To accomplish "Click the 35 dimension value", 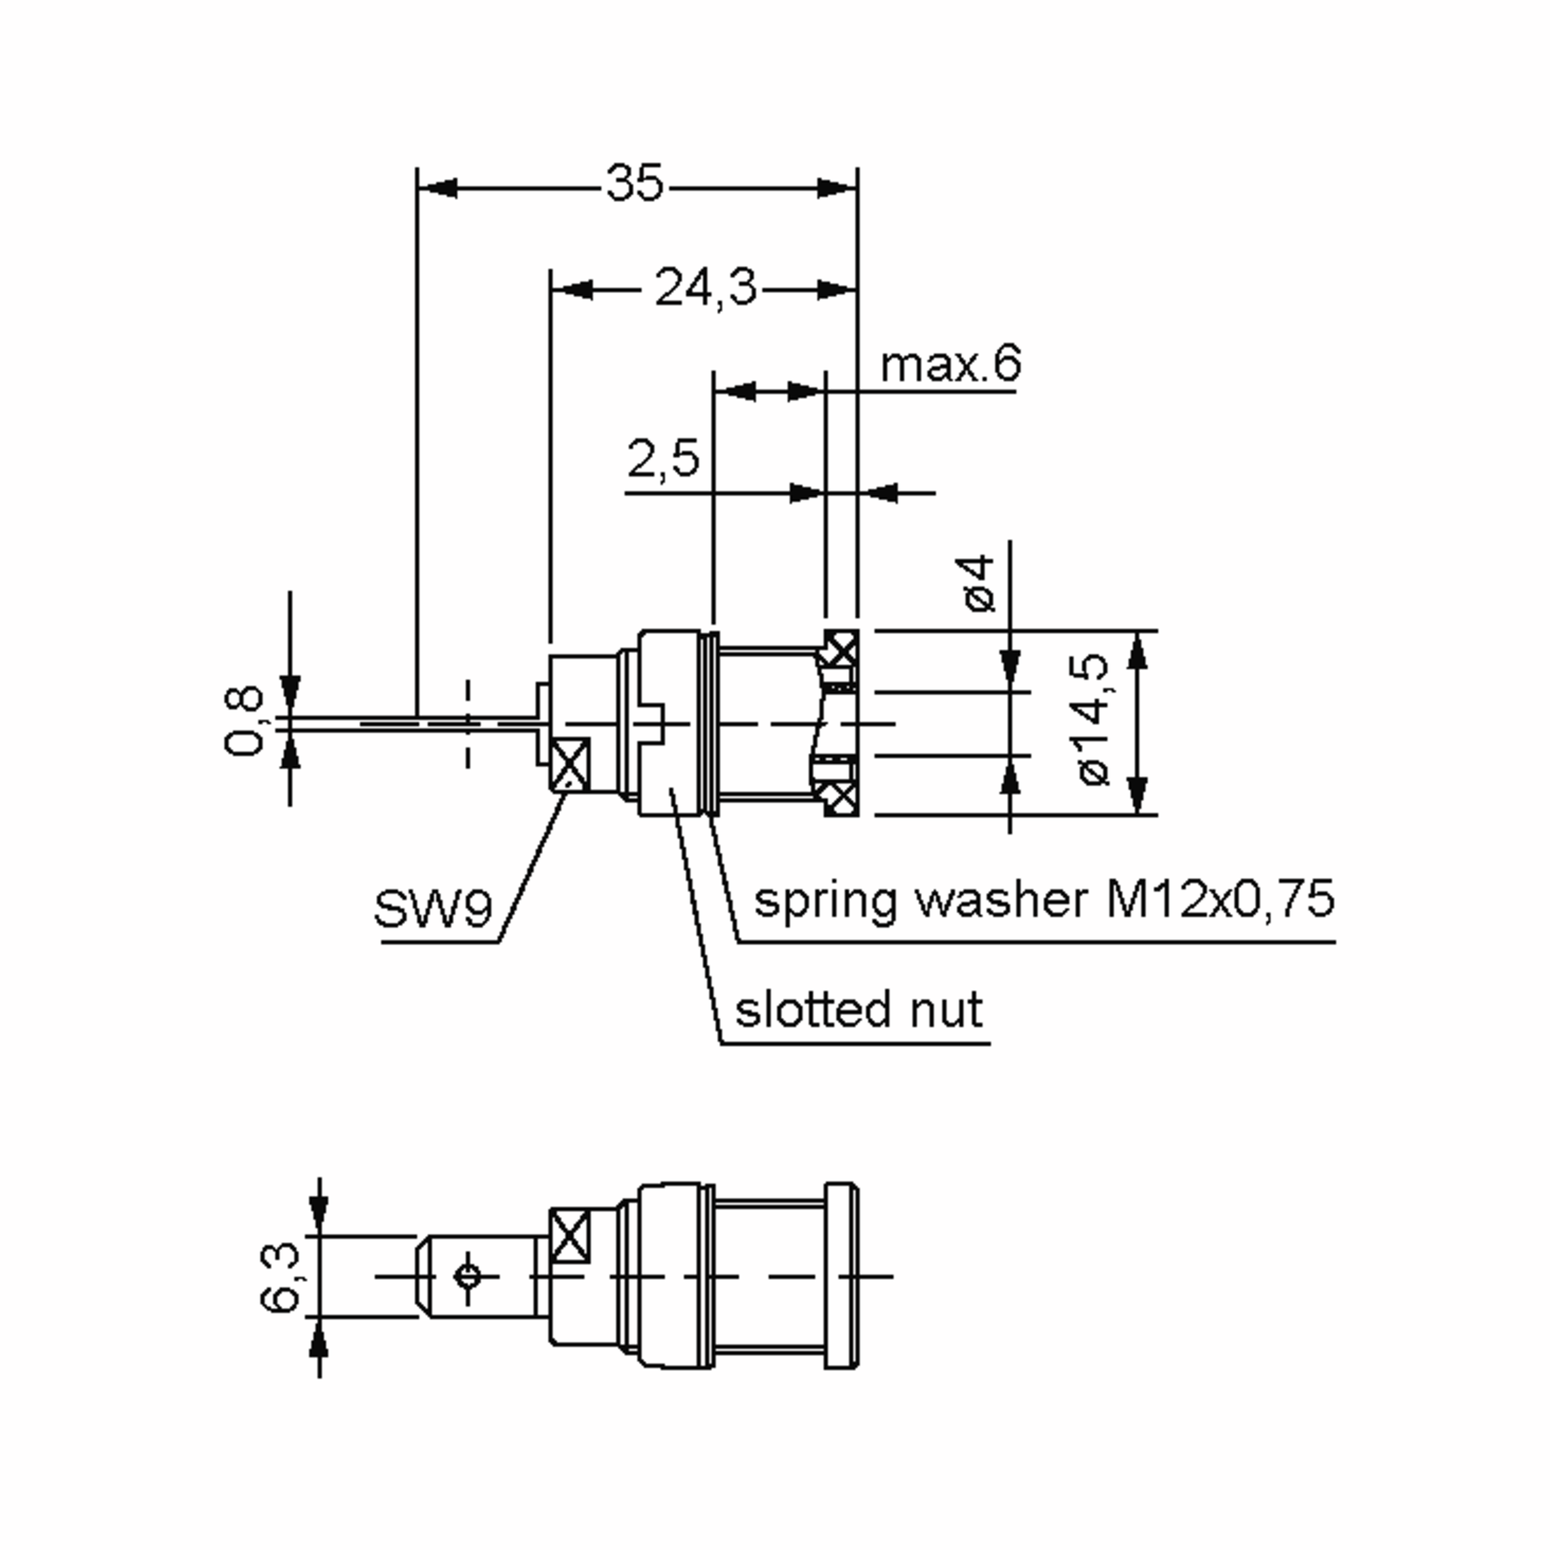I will click(x=635, y=183).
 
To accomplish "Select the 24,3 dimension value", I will click(x=705, y=286).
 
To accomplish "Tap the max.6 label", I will click(x=951, y=364).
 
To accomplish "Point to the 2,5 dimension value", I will click(x=663, y=458).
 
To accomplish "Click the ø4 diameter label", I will click(x=979, y=583).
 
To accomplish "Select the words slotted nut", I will click(x=858, y=1009).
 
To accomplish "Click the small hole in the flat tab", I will click(x=468, y=1276).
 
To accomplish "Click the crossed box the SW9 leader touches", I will click(x=570, y=765).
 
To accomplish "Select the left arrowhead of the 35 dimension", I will click(x=437, y=189).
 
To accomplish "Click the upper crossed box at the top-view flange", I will click(x=842, y=648).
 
